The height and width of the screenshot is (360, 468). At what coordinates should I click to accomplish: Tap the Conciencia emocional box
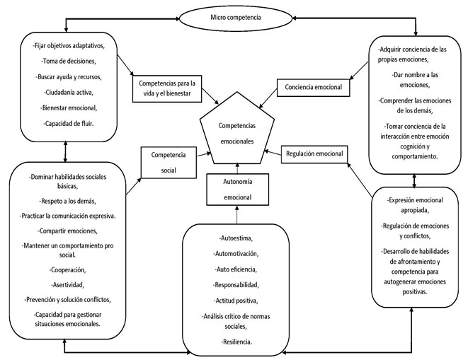tap(313, 87)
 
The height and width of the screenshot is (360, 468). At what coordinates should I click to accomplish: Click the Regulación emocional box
tap(314, 153)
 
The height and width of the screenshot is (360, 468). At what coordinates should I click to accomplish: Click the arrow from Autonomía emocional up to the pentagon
tap(237, 168)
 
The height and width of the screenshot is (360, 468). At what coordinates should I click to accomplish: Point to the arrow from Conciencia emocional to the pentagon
tap(268, 98)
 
